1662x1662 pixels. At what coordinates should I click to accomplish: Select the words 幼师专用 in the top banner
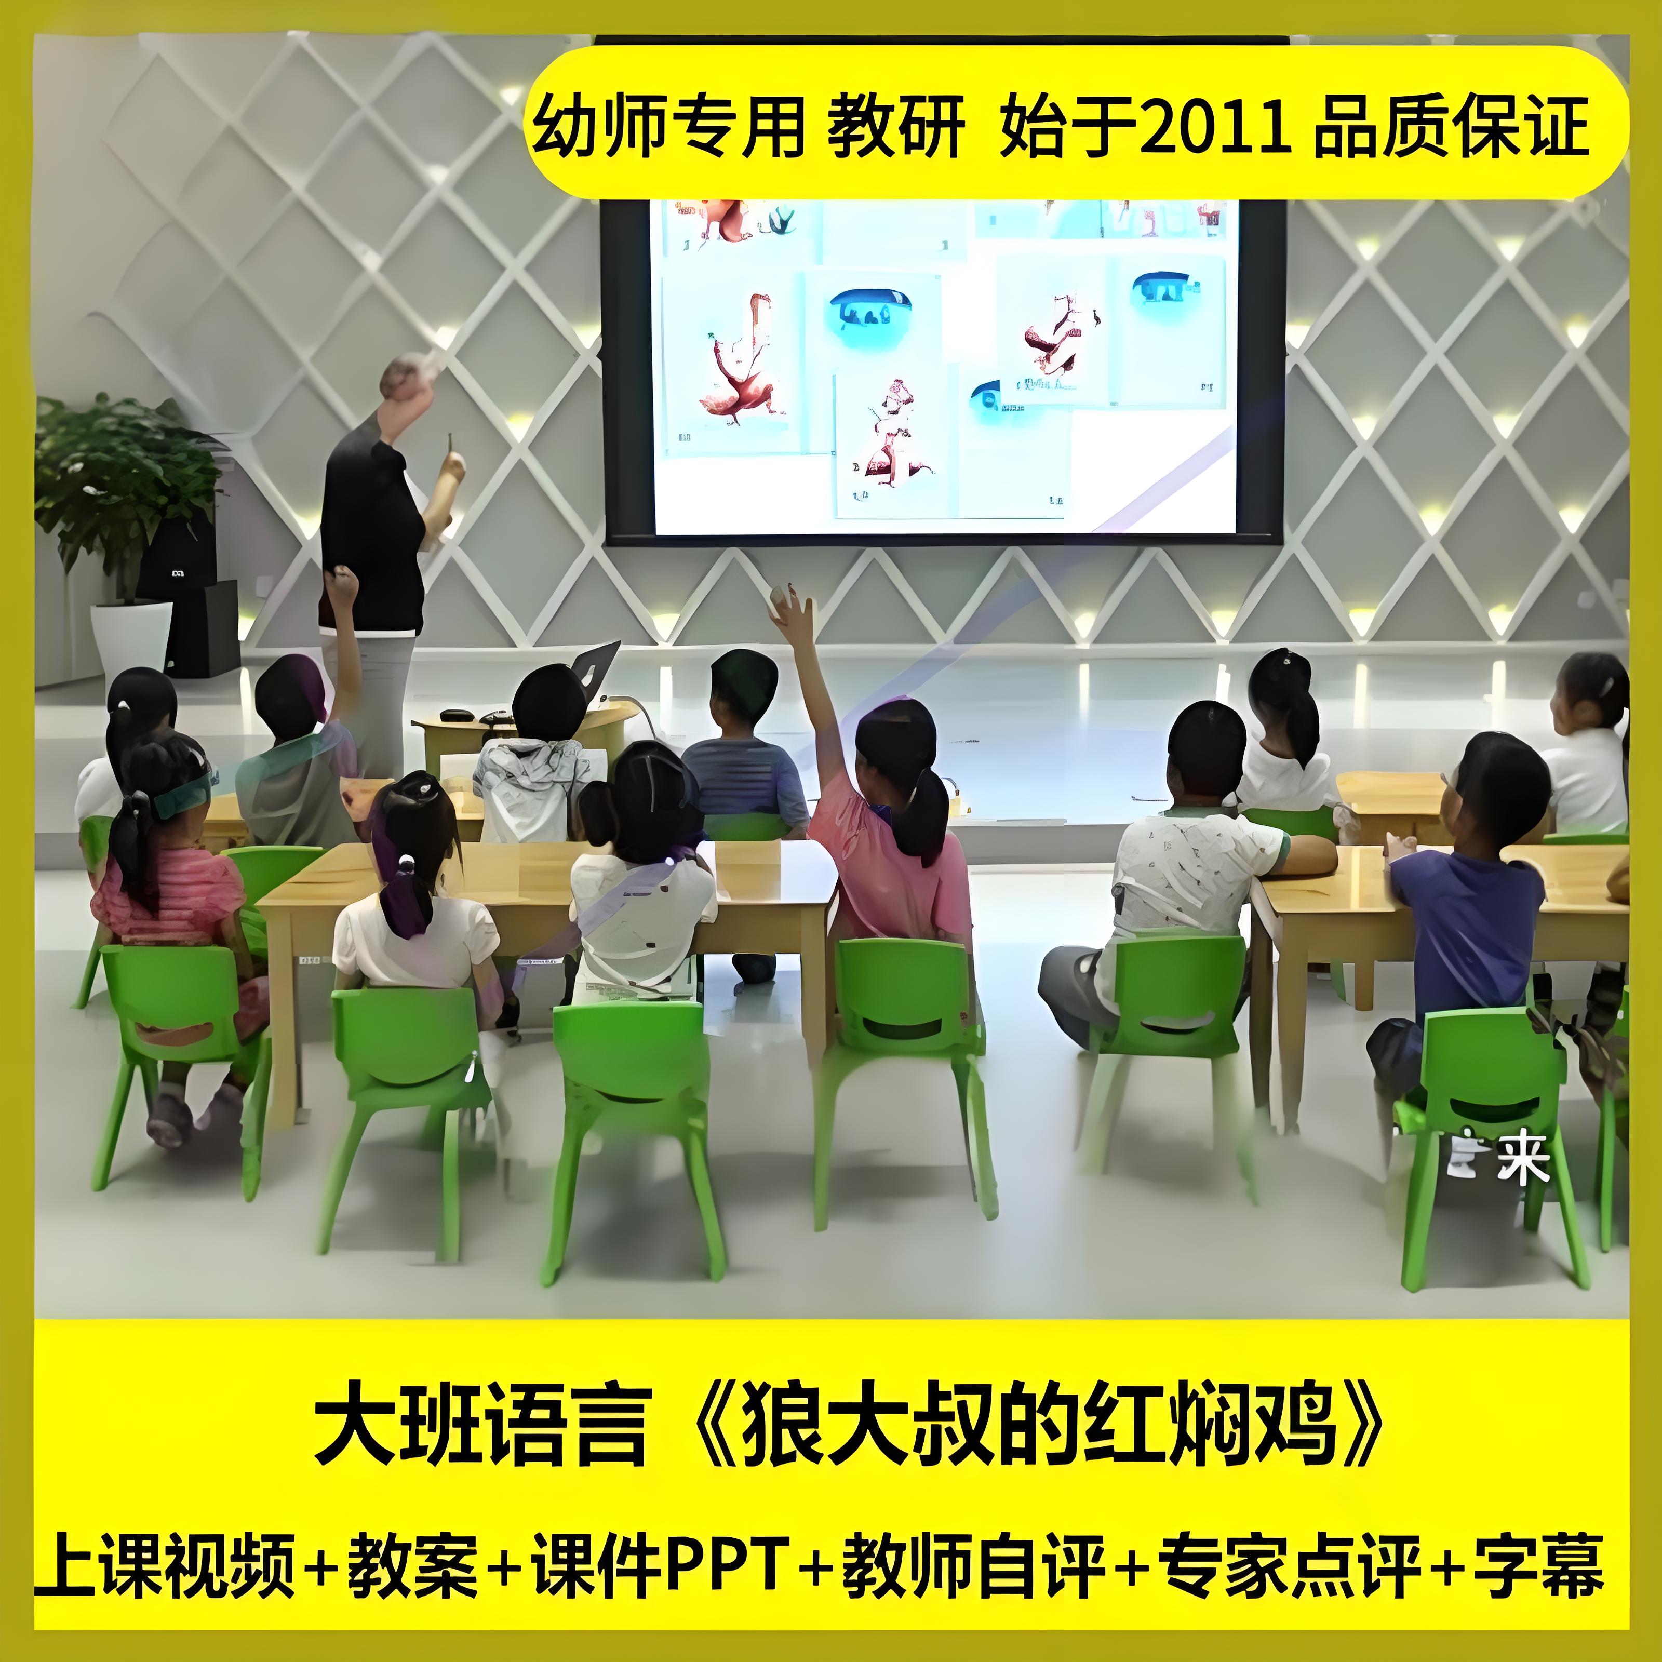click(667, 129)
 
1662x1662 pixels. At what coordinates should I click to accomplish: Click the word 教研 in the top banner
click(895, 129)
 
